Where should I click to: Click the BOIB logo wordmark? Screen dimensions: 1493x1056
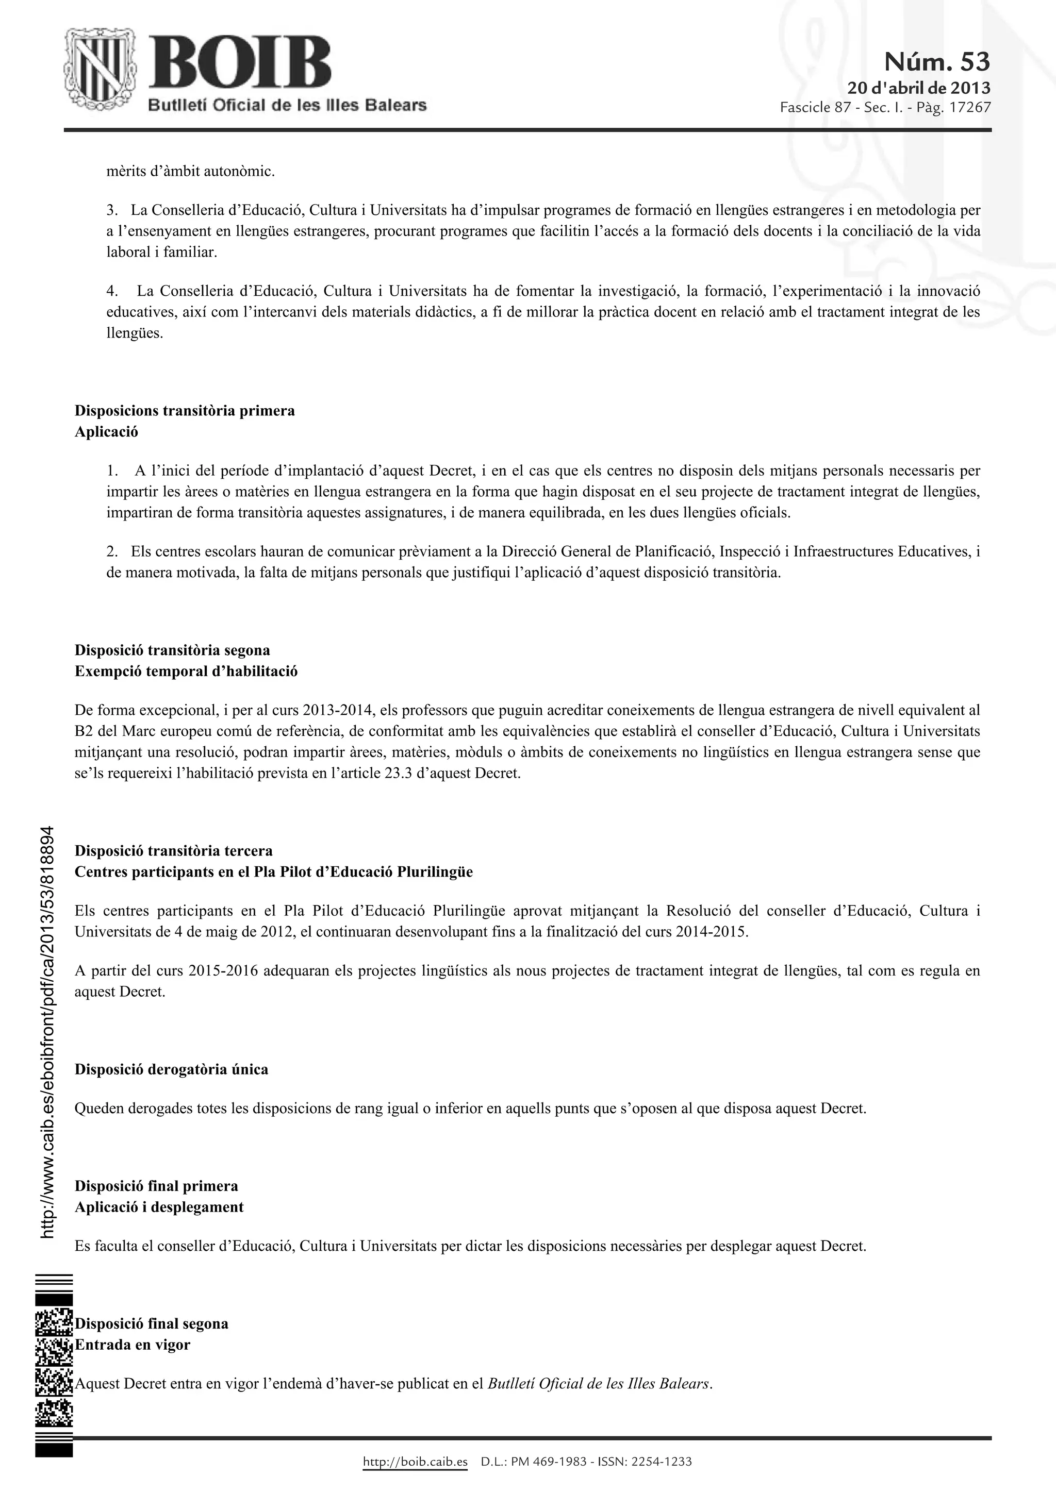tap(239, 67)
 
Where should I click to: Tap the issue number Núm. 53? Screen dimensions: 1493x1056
tap(936, 62)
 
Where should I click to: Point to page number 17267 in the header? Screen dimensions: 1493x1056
tap(969, 107)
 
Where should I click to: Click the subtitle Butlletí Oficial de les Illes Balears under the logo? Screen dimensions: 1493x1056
tap(287, 105)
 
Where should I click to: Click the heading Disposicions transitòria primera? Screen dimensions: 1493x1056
tap(184, 410)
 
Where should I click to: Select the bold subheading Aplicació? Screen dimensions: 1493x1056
tap(106, 431)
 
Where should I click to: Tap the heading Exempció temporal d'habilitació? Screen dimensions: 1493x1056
tap(186, 670)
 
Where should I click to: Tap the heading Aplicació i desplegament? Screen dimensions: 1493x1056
tap(159, 1207)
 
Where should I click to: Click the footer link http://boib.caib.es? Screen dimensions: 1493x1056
tap(415, 1462)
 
